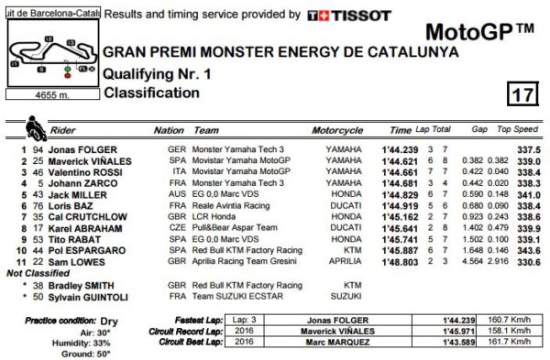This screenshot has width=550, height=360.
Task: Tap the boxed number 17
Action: coord(518,93)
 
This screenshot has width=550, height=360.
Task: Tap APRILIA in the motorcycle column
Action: coord(344,261)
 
